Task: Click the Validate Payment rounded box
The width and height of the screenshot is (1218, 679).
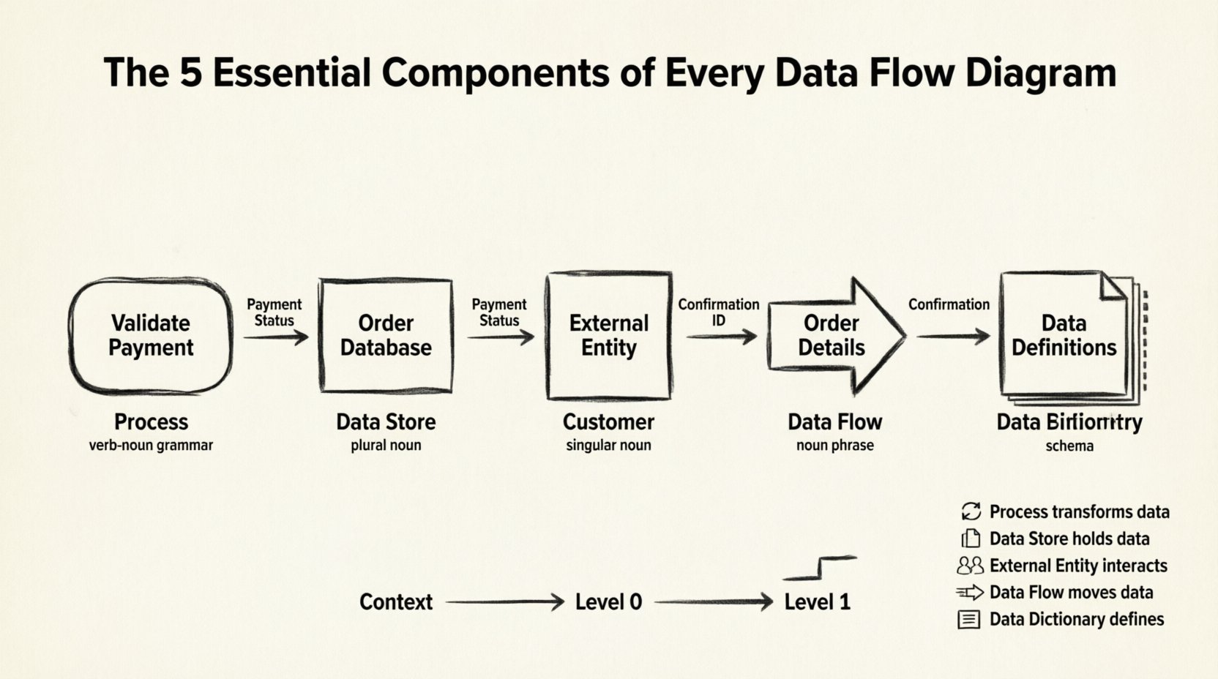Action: [151, 336]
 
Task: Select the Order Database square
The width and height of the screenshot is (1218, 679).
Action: [386, 336]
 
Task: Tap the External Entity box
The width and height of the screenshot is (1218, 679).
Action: [609, 336]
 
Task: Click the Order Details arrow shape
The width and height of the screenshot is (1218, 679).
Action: [834, 336]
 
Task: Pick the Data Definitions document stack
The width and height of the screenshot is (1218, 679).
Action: [1065, 336]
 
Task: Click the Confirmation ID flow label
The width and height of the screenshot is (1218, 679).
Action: [718, 312]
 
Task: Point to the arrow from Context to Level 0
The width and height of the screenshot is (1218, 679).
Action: [504, 602]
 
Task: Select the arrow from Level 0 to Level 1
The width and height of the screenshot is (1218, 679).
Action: [714, 602]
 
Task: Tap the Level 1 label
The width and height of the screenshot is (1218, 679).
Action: [817, 602]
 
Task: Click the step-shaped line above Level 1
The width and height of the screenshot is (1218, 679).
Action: [821, 568]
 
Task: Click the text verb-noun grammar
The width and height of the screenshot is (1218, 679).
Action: [151, 445]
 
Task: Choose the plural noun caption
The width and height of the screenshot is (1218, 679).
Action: [386, 445]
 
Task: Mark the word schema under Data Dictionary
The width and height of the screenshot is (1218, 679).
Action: [1069, 446]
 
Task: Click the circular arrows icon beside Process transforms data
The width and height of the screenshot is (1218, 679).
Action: [971, 511]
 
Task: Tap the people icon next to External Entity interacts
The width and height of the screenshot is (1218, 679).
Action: [970, 566]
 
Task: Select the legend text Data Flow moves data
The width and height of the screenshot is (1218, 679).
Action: [1071, 593]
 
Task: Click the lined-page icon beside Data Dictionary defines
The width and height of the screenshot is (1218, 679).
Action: [968, 620]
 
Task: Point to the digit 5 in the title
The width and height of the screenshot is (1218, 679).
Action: [190, 73]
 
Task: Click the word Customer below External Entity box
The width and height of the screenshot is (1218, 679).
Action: [608, 422]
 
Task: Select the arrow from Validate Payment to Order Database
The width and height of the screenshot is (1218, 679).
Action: [276, 337]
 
